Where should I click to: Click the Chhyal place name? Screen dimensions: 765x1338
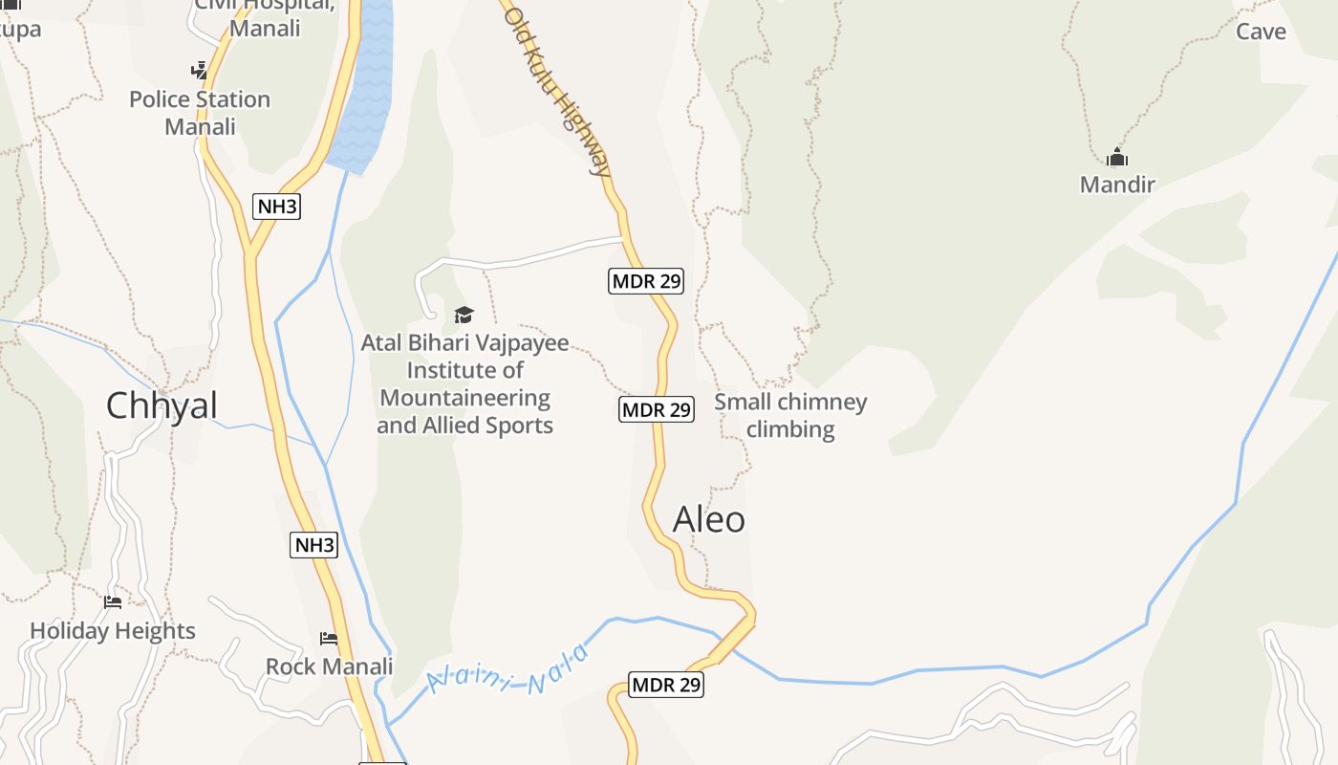click(x=162, y=405)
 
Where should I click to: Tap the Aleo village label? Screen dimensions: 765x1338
click(x=708, y=519)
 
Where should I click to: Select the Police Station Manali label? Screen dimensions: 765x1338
click(x=200, y=113)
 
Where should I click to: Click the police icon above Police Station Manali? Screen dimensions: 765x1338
click(x=199, y=70)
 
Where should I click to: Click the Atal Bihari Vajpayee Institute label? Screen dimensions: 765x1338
click(x=464, y=383)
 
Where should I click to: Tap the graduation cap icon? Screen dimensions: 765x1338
click(x=464, y=315)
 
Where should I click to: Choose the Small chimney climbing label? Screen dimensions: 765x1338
click(x=790, y=415)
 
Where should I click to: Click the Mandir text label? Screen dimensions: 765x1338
click(x=1117, y=185)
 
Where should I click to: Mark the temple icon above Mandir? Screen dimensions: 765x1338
click(x=1116, y=158)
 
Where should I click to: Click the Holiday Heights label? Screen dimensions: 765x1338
click(x=113, y=631)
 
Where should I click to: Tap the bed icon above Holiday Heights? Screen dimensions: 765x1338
click(x=113, y=601)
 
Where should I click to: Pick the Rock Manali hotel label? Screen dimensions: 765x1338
click(x=329, y=667)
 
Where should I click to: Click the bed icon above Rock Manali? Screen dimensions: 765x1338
click(x=329, y=638)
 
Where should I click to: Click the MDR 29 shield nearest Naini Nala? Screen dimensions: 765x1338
click(x=666, y=685)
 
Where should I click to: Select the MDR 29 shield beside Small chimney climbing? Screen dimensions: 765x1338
click(x=656, y=410)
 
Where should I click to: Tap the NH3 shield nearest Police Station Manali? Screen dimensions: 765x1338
click(x=276, y=206)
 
